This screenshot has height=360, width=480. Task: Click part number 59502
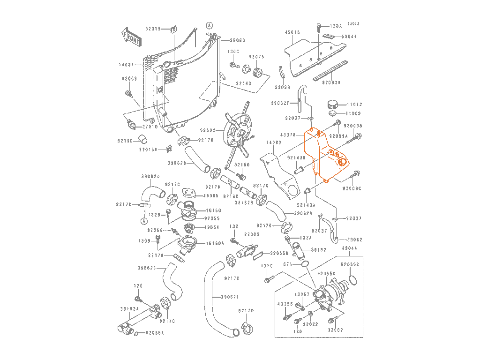(208, 131)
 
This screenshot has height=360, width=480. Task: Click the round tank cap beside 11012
(333, 104)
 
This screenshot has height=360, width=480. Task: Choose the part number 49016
(292, 32)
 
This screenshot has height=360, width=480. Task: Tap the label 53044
(349, 36)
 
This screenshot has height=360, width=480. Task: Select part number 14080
(273, 142)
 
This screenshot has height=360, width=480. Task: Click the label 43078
(288, 135)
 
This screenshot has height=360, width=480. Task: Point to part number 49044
(350, 248)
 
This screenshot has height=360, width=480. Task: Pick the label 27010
(150, 127)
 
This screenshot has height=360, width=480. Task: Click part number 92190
(125, 140)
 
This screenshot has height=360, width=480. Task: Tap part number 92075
(256, 57)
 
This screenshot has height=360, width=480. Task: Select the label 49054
(211, 227)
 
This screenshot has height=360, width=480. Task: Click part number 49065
(211, 195)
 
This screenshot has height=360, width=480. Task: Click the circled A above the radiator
(209, 25)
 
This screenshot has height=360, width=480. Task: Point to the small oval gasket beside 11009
(332, 113)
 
